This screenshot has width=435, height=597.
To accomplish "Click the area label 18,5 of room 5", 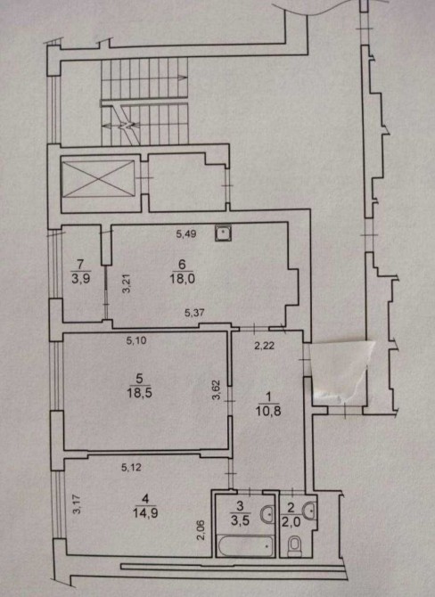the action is coord(139,393).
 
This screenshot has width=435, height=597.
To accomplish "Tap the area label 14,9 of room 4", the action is coord(145,513).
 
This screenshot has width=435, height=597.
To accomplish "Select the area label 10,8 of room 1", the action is coord(268,411).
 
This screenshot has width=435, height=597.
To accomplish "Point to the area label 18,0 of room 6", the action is coord(183,278).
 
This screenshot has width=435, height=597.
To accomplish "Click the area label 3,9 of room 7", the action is coord(80,278).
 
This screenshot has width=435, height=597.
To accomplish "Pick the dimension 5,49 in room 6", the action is coord(186,233).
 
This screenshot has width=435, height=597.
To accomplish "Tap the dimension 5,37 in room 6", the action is coord(194,313).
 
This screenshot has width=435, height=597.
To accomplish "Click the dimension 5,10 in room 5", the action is coord(136,340).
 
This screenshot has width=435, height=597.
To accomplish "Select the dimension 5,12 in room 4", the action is coord(131,467).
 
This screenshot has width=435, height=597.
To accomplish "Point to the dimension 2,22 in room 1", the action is coord(265,346).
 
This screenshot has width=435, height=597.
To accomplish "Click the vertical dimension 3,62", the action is coord(216,390).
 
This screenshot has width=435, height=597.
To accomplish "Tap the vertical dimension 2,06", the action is coord(201,530).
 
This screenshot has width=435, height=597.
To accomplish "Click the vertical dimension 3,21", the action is coord(127,283).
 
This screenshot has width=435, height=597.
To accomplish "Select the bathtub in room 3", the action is coord(245,545).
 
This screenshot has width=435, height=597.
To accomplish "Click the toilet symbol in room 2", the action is coord(294,545).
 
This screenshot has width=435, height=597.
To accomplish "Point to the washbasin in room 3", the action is coord(267,514).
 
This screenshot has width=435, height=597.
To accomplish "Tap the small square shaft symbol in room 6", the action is coord(223,233).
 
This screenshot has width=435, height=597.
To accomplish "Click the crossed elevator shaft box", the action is coord(98,179).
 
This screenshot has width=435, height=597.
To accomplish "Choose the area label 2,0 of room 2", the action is coord(291,522).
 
